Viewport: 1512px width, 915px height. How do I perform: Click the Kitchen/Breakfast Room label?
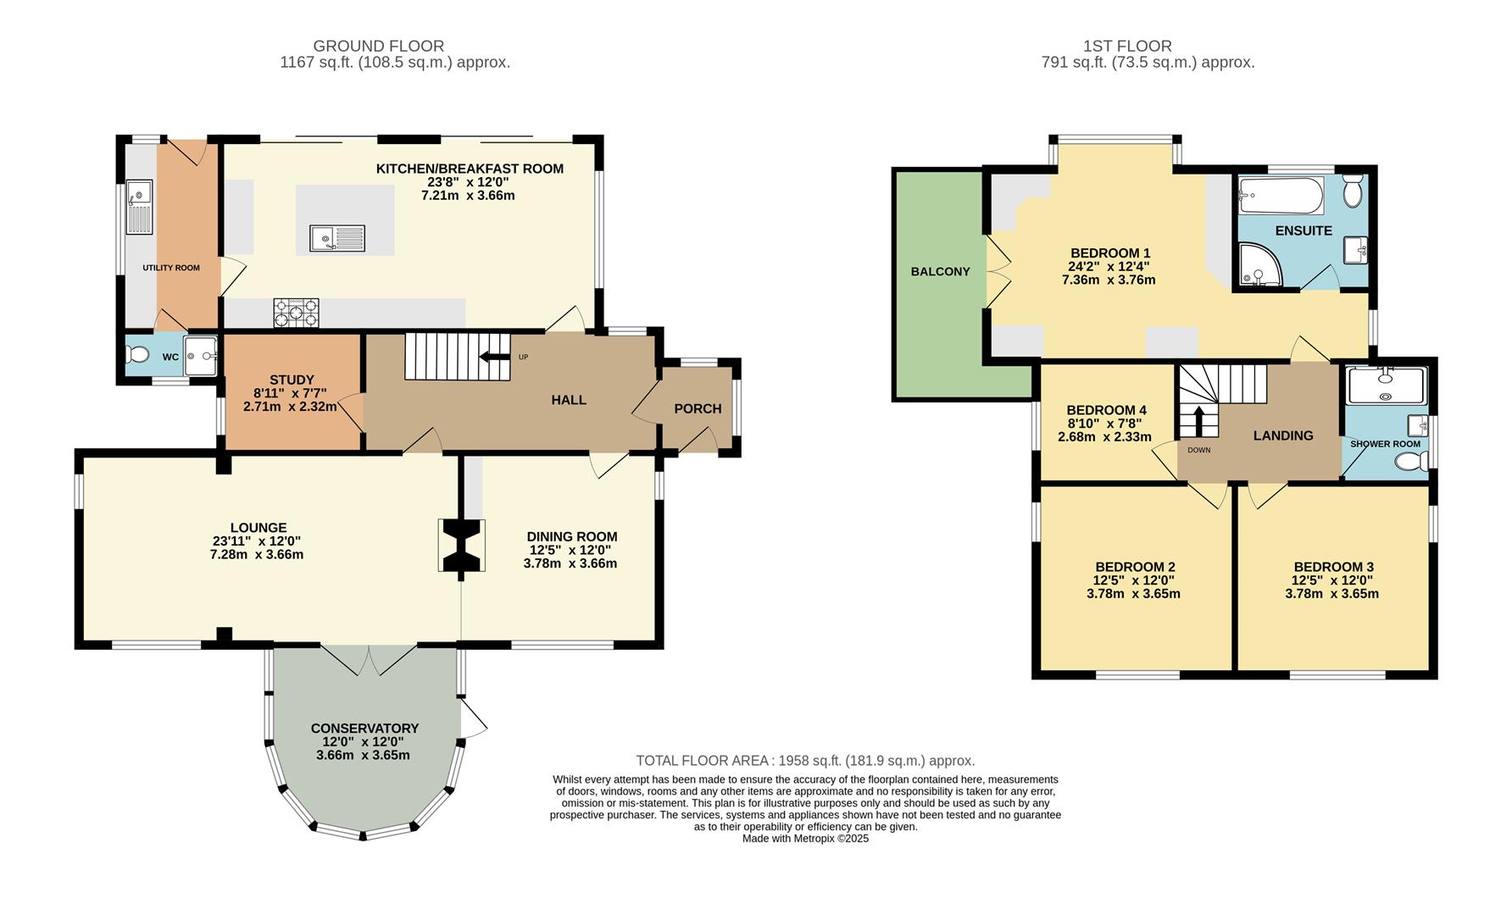tap(470, 169)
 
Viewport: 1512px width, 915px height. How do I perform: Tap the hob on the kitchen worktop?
tap(296, 313)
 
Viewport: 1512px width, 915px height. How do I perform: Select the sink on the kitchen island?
tap(337, 238)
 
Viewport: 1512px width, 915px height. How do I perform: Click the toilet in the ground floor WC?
tap(139, 353)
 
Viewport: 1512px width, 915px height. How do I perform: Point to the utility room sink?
tap(139, 207)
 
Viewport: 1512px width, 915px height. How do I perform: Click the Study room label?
tap(292, 380)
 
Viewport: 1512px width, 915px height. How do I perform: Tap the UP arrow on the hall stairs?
tap(494, 357)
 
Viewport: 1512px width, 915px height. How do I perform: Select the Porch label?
tap(698, 408)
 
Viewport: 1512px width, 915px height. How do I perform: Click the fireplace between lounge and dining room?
tap(462, 546)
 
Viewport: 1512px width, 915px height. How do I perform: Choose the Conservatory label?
tap(364, 728)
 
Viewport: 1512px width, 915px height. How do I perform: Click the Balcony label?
tap(940, 271)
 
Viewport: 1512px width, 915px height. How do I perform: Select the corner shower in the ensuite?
tap(1259, 264)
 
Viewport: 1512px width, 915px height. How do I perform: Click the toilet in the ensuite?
tap(1353, 191)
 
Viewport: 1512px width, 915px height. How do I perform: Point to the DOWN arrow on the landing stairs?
tap(1198, 422)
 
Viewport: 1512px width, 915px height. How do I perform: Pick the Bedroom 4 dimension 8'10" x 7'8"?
tap(1104, 424)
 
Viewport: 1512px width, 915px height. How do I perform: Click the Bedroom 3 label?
tap(1333, 567)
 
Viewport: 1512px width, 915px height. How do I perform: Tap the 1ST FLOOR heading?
tap(1127, 46)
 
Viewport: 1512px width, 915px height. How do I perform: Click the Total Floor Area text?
tap(805, 761)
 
